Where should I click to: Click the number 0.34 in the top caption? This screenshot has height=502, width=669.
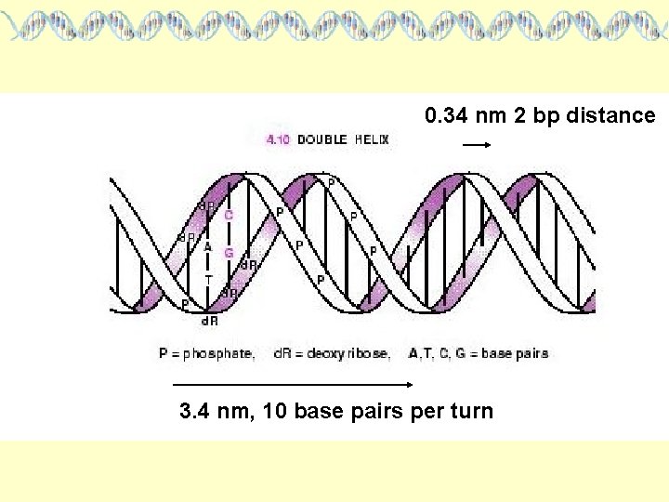pos(448,116)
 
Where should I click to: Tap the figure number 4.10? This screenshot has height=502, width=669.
pos(278,140)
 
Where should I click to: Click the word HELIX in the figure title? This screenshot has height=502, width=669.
pos(372,140)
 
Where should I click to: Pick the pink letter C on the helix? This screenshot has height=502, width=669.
pos(229,215)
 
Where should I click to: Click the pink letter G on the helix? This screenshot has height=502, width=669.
pos(229,252)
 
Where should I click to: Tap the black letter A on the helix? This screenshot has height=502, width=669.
pos(208,247)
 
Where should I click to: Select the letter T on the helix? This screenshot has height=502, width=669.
pos(209,279)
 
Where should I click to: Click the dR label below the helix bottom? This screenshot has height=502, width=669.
pos(210,322)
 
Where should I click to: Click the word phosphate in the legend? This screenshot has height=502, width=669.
pos(219,354)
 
